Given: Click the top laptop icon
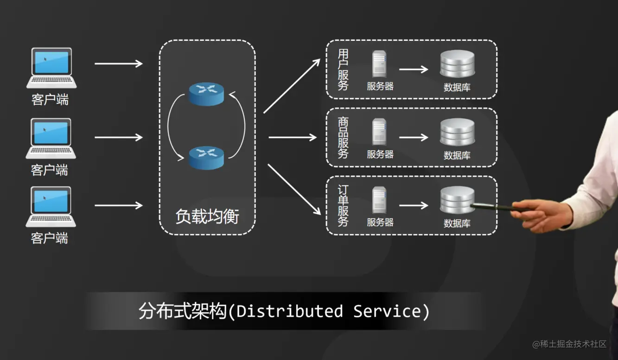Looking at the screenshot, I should tap(51, 67).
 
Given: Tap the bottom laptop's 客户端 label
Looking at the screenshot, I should tap(50, 238).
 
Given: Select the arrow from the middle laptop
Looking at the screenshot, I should tap(118, 137).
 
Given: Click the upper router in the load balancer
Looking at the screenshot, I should tap(207, 93).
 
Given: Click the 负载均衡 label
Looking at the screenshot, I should tap(207, 216).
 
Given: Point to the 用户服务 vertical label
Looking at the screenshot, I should tap(343, 70).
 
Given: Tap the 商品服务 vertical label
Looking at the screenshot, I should tap(343, 138).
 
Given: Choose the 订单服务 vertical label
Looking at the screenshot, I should tap(343, 206).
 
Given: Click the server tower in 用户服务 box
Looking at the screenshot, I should tap(379, 64).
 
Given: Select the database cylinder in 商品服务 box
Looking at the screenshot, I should tap(457, 133).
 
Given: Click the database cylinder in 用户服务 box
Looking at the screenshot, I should tap(457, 64).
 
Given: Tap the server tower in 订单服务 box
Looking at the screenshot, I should tap(379, 200).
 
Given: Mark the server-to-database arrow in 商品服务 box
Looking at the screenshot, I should tap(414, 137).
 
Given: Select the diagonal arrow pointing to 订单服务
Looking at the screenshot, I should tap(294, 189).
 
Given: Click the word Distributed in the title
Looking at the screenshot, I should tap(290, 311).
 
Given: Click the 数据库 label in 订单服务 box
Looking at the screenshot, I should tap(457, 223).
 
